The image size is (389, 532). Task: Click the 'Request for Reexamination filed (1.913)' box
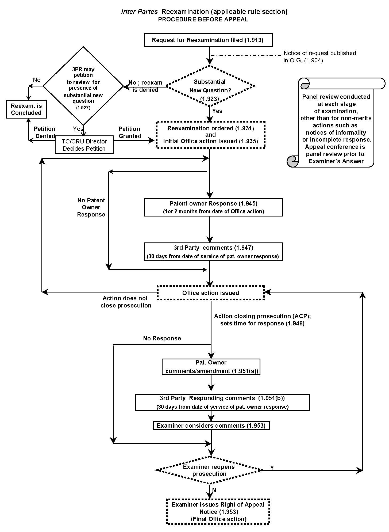(x=208, y=40)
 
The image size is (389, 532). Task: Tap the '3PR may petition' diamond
(x=83, y=86)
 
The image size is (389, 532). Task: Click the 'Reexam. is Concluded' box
(x=26, y=109)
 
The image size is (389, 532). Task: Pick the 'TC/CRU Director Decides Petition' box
(x=84, y=145)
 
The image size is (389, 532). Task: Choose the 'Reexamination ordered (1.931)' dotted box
(x=211, y=135)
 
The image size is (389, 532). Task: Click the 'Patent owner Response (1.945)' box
(x=213, y=207)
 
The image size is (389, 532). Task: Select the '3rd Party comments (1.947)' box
(x=213, y=252)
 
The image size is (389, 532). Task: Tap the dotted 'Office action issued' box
(x=211, y=293)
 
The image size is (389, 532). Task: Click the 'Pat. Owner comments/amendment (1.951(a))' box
(x=211, y=367)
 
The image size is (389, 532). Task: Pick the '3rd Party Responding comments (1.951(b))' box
(x=222, y=402)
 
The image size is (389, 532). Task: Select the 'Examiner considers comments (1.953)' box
(x=211, y=425)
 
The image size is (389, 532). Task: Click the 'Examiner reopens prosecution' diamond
(x=209, y=470)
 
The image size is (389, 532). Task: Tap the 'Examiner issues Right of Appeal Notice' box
(x=218, y=511)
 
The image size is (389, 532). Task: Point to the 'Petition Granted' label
(x=130, y=132)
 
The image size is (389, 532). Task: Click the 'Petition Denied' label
(x=45, y=132)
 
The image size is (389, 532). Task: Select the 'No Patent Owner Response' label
(x=91, y=207)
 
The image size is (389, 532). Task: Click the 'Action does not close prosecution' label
(x=126, y=302)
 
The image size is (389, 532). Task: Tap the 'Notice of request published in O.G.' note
(x=320, y=57)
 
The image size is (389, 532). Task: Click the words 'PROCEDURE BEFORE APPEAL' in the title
(x=203, y=20)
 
